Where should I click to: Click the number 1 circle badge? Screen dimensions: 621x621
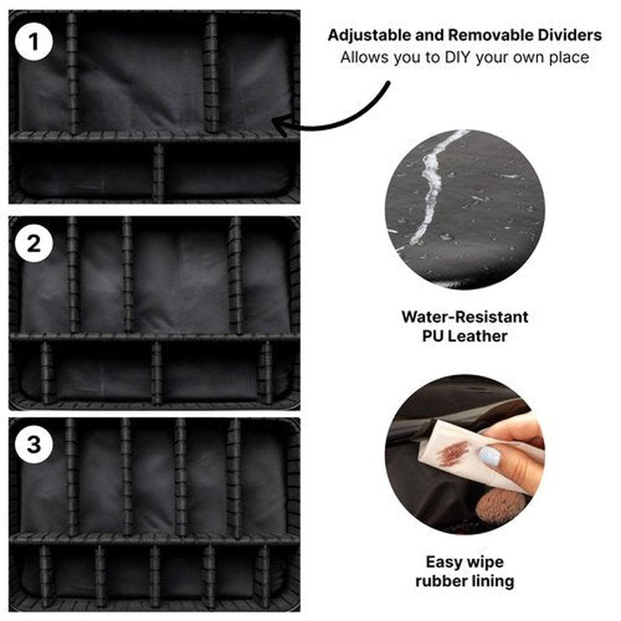[x=33, y=42]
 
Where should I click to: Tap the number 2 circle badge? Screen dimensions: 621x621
[x=33, y=243]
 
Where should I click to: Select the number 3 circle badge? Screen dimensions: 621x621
[x=33, y=444]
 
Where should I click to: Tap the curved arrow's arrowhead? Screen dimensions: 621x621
[x=282, y=123]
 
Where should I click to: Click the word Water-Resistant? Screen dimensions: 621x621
[x=464, y=317]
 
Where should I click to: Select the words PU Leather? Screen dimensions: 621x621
[x=464, y=336]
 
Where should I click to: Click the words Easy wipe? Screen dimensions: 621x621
[x=464, y=562]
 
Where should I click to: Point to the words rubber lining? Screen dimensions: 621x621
[x=464, y=581]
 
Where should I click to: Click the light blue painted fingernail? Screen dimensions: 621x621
[x=489, y=456]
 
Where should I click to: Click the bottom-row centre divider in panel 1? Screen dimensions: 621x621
[x=158, y=172]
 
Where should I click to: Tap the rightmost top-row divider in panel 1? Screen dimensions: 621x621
[x=211, y=74]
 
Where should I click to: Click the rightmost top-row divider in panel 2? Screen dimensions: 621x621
[x=235, y=276]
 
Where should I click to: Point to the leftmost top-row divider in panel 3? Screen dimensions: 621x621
[x=71, y=477]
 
